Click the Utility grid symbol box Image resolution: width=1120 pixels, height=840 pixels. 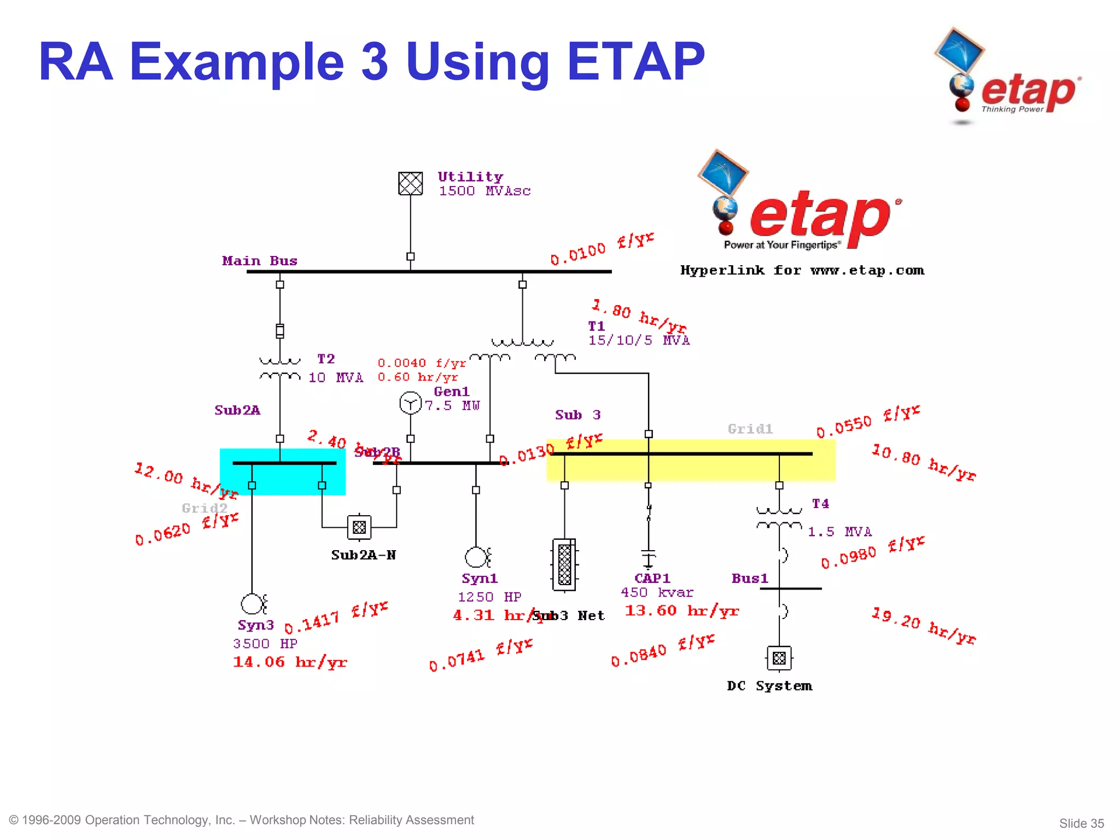click(x=410, y=183)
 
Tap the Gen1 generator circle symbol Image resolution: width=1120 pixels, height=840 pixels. click(x=410, y=403)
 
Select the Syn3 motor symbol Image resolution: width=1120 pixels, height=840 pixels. click(x=252, y=604)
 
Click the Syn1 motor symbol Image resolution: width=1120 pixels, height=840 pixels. click(x=476, y=557)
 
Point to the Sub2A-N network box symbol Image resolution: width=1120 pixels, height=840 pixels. click(x=359, y=527)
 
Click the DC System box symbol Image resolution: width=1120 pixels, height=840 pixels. click(x=779, y=658)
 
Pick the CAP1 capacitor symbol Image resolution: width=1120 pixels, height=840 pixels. click(x=648, y=557)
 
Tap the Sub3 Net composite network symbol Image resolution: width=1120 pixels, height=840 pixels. click(x=564, y=564)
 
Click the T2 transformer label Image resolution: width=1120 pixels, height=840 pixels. click(x=326, y=359)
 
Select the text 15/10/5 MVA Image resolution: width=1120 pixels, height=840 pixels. click(x=639, y=340)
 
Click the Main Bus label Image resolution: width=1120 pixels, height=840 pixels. click(x=260, y=261)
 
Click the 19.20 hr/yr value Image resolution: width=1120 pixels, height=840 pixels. click(x=923, y=626)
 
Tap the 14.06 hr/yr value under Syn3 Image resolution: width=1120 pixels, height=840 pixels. click(x=290, y=662)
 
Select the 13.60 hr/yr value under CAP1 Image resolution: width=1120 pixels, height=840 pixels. click(x=681, y=610)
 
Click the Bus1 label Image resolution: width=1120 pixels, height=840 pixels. click(x=750, y=578)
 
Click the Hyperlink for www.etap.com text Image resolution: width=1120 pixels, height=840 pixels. click(x=802, y=270)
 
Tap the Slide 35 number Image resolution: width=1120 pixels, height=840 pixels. click(x=1081, y=823)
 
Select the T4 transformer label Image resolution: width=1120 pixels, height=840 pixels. click(x=820, y=503)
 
